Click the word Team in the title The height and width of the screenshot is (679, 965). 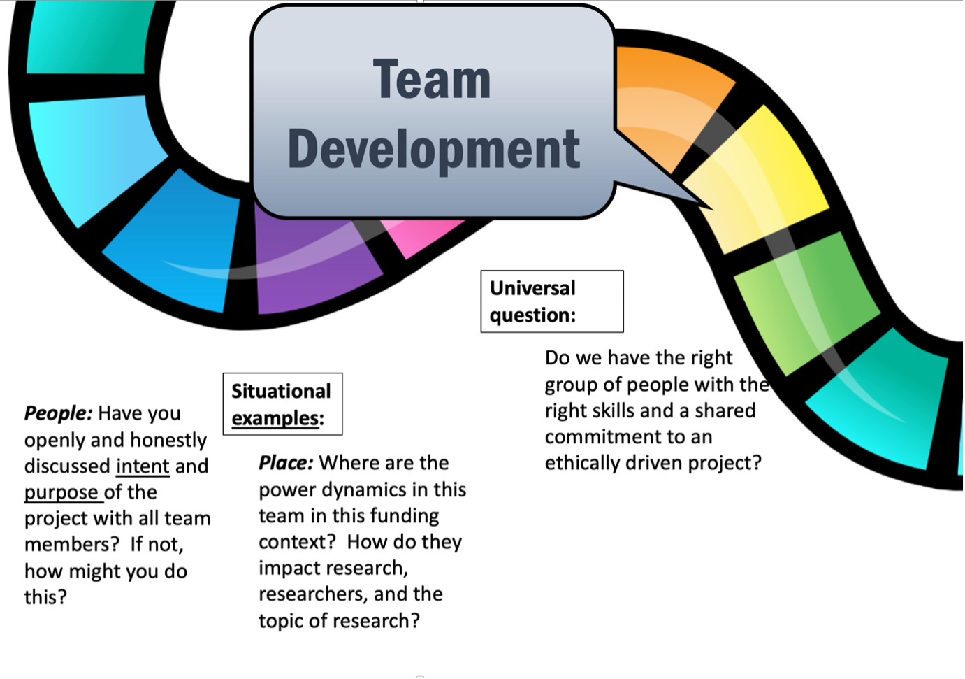click(x=431, y=79)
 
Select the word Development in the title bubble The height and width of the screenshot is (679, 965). click(x=433, y=149)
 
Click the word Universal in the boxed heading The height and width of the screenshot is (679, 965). click(x=532, y=288)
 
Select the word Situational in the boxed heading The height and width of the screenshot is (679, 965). click(x=281, y=391)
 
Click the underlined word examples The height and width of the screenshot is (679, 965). click(x=275, y=418)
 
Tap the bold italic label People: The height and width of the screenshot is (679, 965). click(x=58, y=413)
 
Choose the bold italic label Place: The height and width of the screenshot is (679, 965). click(x=286, y=463)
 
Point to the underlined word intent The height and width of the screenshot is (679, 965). click(x=143, y=466)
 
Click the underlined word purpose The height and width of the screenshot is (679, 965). click(x=61, y=493)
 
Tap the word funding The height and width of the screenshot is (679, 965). click(x=405, y=516)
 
